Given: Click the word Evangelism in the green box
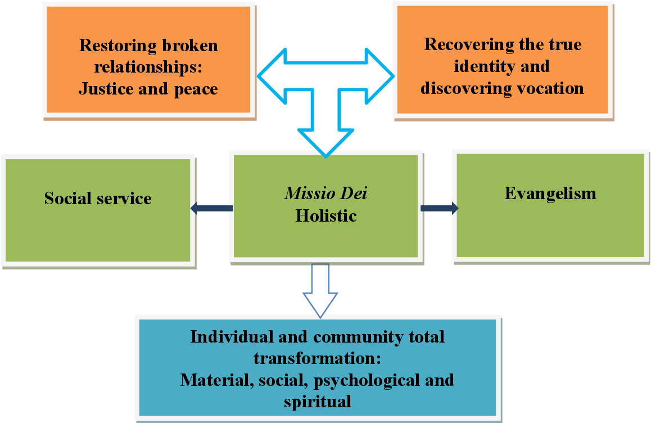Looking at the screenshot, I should click(550, 193).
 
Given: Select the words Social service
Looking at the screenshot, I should click(98, 198).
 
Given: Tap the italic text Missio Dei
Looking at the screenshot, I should click(325, 193).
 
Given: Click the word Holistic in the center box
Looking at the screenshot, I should click(325, 215).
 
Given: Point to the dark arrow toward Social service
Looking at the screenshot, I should click(211, 208).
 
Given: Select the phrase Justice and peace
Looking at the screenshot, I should click(148, 88).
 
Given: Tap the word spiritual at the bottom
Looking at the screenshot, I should click(318, 402).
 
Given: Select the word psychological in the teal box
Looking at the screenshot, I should click(356, 380).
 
